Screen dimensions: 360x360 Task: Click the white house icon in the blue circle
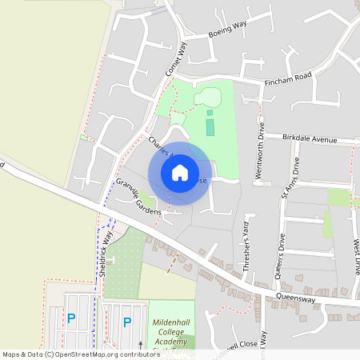[180, 172]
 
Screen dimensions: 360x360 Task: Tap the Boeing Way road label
[227, 29]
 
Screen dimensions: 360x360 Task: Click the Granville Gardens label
[138, 196]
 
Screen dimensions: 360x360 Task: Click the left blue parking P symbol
[70, 318]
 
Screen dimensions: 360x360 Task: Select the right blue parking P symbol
[126, 322]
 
